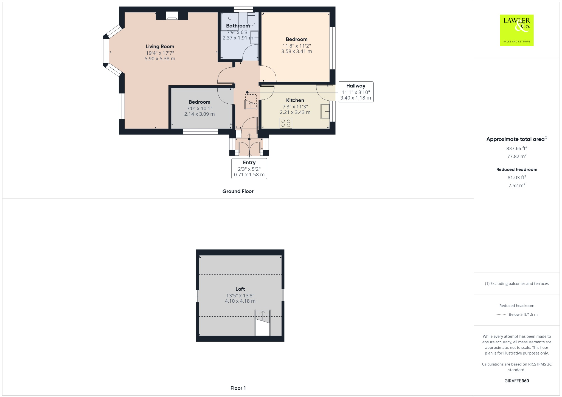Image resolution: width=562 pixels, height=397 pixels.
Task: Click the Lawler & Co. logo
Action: pos(516,30)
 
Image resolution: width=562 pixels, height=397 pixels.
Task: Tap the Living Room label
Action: pos(160,47)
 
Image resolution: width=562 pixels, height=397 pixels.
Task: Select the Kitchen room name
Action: pos(295,100)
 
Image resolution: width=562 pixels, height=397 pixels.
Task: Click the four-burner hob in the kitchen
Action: pos(286,123)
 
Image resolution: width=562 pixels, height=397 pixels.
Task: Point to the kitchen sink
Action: pos(325,111)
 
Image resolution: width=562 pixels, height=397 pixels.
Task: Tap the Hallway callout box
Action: pos(356,92)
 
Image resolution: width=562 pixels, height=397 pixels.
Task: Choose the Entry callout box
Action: pos(249,169)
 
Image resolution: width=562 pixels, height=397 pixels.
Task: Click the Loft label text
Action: pos(240,289)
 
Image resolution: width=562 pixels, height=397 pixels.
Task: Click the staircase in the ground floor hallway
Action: pos(251,102)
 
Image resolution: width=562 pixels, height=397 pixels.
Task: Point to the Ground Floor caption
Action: pos(238,191)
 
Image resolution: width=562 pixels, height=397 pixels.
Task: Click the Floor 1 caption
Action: pos(238,388)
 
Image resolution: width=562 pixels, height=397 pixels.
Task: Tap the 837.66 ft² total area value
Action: pos(517,148)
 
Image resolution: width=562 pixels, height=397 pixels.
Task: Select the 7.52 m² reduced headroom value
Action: pos(517,186)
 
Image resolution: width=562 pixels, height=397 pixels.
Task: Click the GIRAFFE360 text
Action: pos(517,381)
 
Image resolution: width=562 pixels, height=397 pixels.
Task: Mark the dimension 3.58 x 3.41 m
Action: pos(296,51)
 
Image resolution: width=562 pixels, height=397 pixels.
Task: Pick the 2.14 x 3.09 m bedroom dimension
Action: pos(199,114)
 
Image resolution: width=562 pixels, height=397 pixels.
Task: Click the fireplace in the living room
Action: pos(172,16)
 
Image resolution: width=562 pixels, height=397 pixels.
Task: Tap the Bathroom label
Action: pos(238,26)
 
